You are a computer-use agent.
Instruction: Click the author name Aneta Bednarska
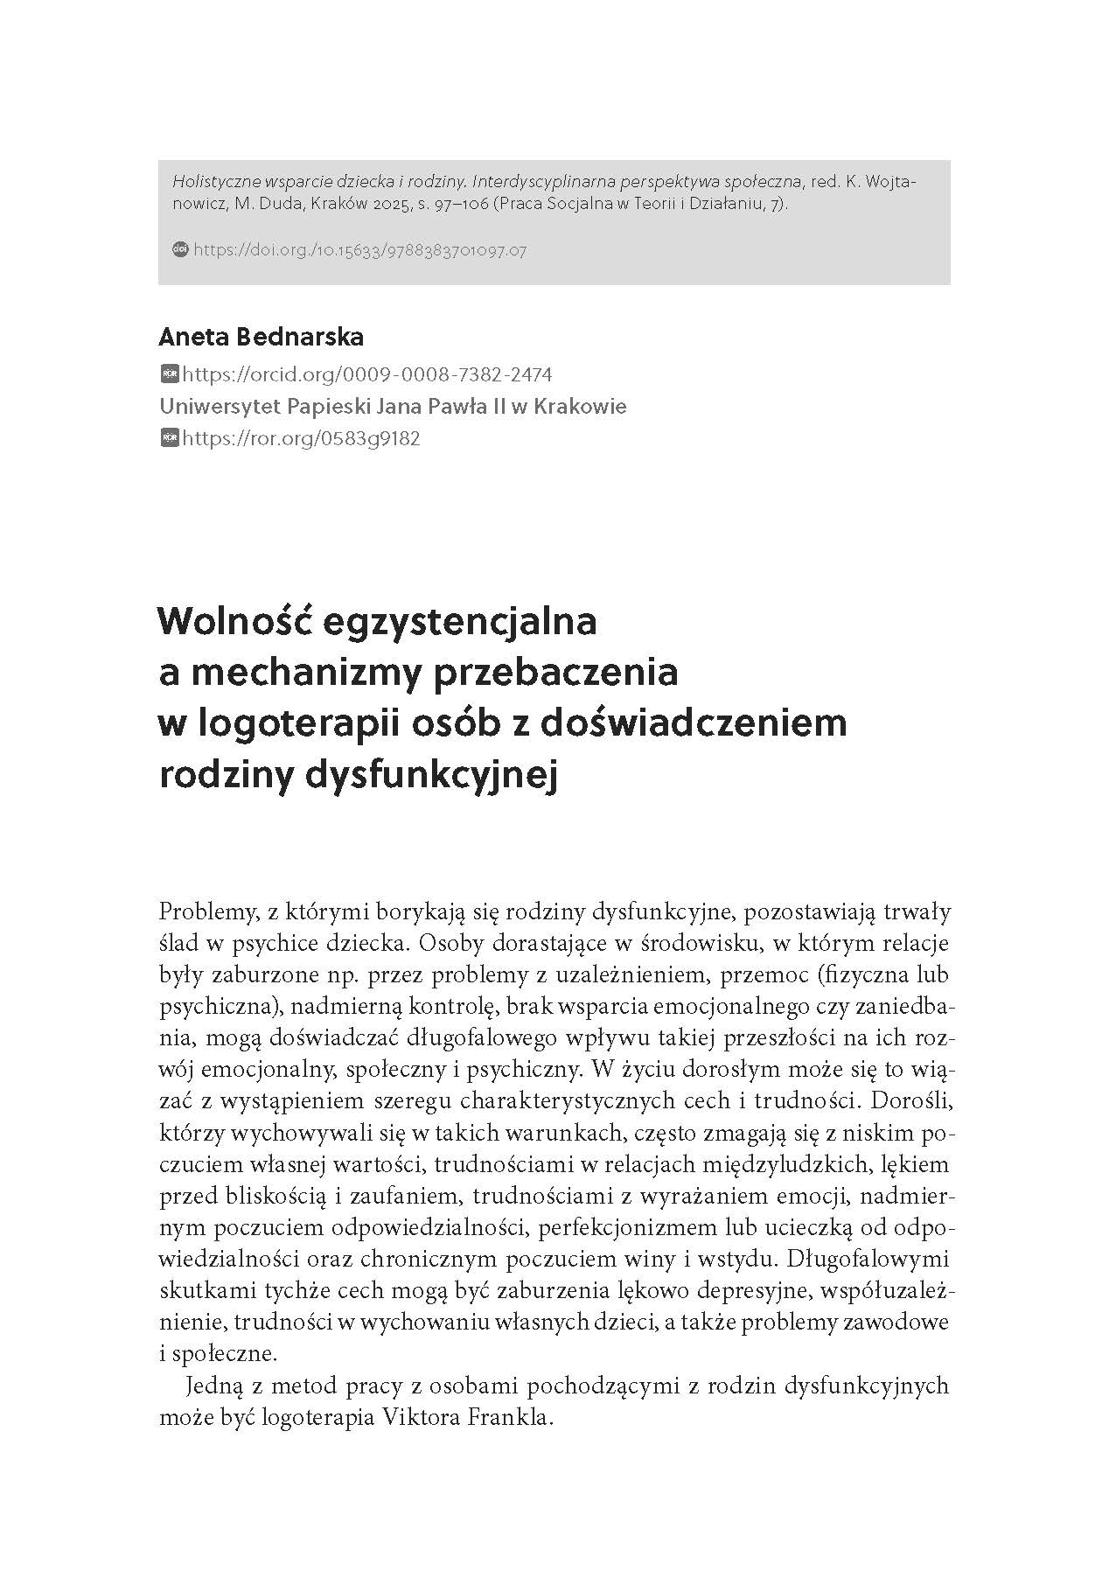(x=261, y=337)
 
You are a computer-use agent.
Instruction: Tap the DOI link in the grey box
(x=359, y=250)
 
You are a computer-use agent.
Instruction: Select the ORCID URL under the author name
(x=366, y=375)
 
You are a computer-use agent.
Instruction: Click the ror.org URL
(x=301, y=438)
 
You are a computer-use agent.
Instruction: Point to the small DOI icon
(x=181, y=249)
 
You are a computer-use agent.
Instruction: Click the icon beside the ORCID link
(x=170, y=374)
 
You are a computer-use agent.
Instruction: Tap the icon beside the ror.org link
(x=170, y=437)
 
